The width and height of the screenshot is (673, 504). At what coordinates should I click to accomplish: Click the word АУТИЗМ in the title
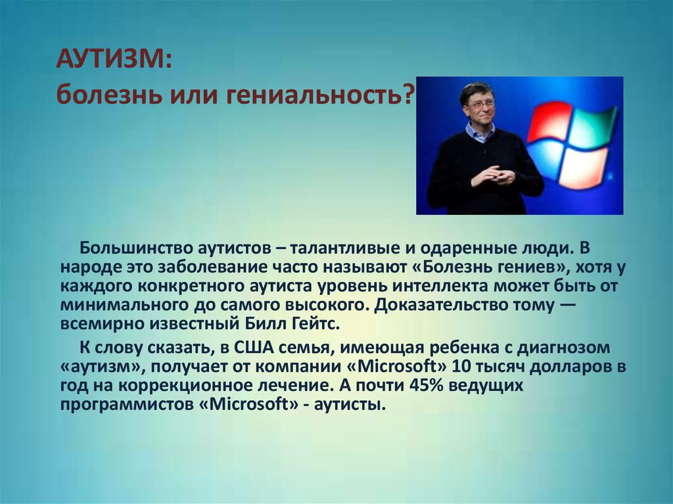point(110,60)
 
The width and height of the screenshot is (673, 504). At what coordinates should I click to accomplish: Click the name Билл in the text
point(264,323)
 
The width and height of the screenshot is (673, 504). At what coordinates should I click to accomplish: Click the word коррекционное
point(185,386)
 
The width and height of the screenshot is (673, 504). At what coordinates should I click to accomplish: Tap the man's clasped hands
point(494,175)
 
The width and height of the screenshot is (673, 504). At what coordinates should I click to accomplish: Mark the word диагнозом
point(563,348)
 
